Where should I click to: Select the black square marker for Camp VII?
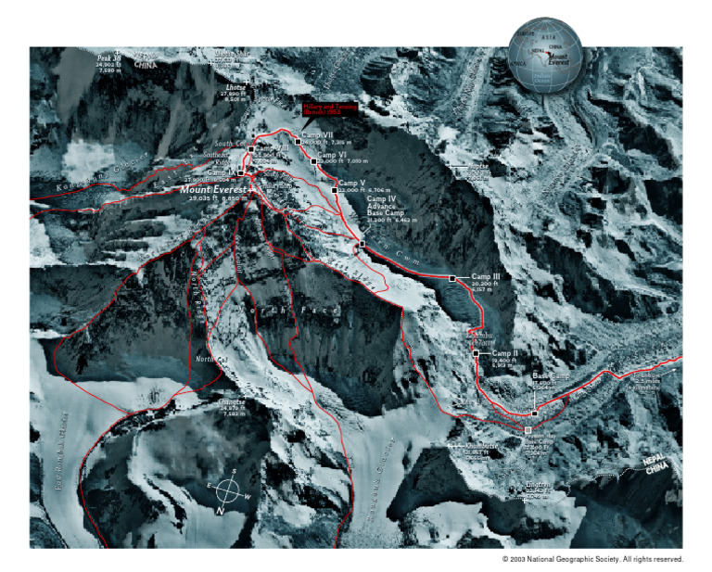tap(298, 141)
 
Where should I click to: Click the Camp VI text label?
tap(332, 155)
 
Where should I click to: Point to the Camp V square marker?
tap(334, 190)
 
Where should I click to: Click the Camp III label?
tap(486, 277)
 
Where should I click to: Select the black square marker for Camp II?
tap(476, 353)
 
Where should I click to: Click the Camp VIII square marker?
tap(250, 149)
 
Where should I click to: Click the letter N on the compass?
tap(221, 510)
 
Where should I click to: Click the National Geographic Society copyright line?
tap(592, 559)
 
